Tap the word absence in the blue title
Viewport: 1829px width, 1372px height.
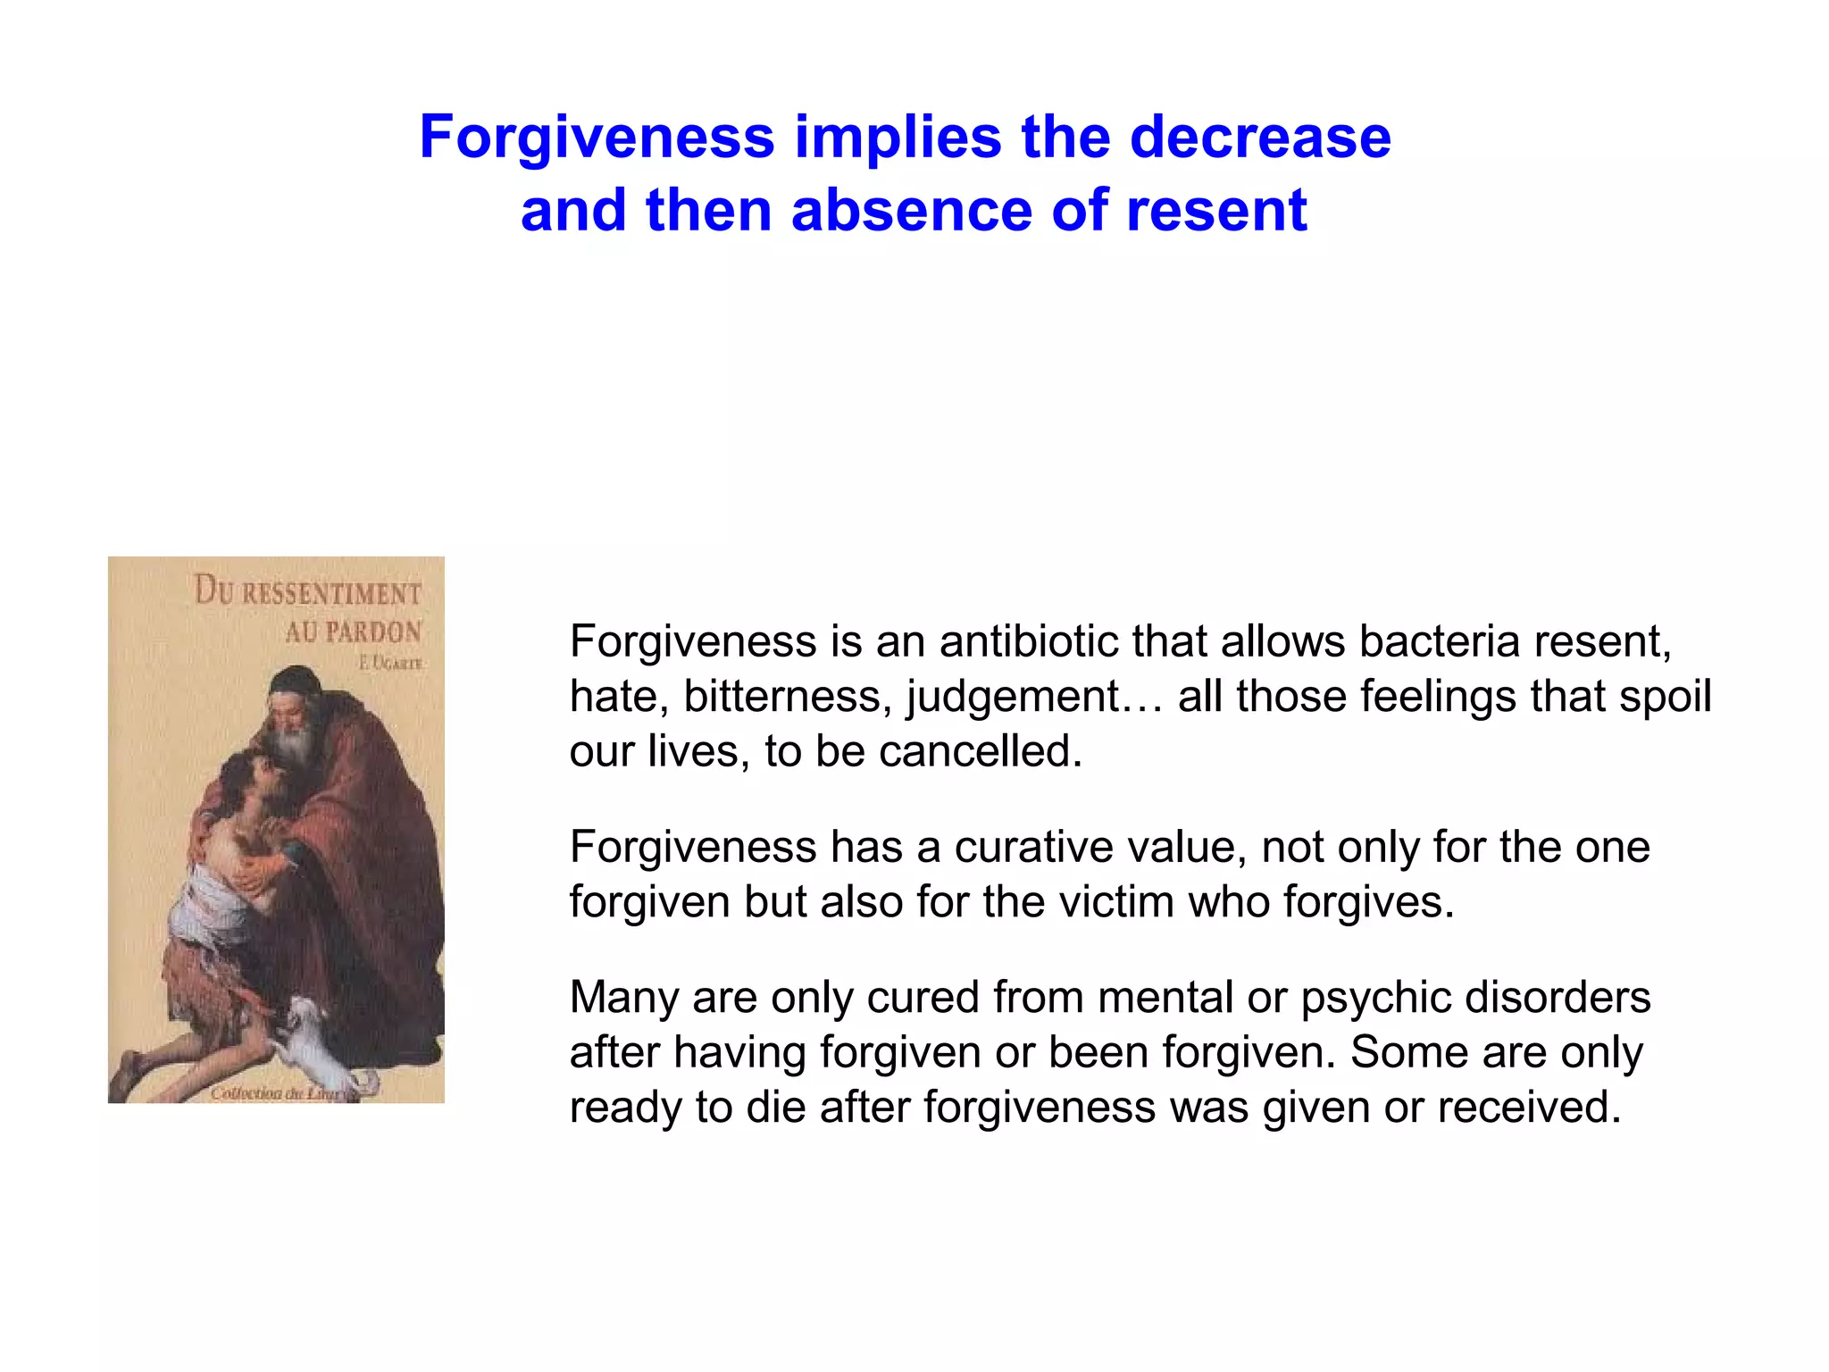(x=911, y=211)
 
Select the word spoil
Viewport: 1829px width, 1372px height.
(x=1665, y=697)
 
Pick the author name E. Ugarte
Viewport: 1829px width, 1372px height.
(x=390, y=663)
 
